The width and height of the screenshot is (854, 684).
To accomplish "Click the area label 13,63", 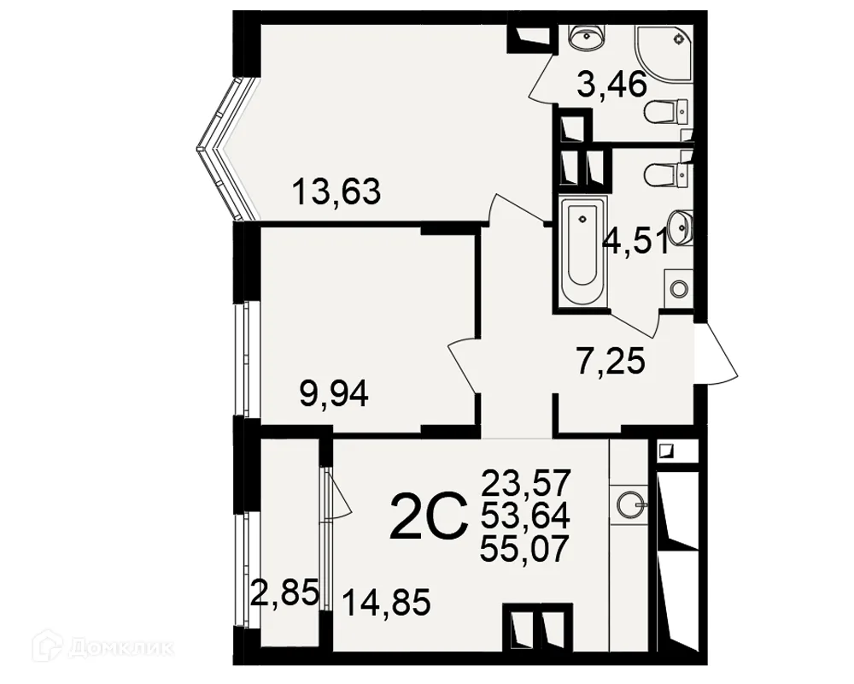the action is (x=336, y=192).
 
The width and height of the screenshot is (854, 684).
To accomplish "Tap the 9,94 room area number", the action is (x=334, y=394).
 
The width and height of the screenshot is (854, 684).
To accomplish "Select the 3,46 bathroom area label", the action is (x=611, y=85).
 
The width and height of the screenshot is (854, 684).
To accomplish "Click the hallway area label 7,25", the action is (x=611, y=361).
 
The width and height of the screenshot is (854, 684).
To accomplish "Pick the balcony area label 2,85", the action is (x=284, y=593).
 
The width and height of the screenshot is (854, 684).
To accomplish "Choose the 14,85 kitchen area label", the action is (x=387, y=603).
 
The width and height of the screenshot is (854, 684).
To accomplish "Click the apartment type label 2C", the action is (x=430, y=515).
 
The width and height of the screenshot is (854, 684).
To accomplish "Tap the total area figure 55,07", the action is (x=524, y=548).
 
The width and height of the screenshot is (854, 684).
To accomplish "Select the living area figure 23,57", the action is (x=524, y=482).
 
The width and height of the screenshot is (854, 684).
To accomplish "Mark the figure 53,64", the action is (x=524, y=515).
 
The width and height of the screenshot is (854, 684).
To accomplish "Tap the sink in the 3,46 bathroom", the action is (x=586, y=37).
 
